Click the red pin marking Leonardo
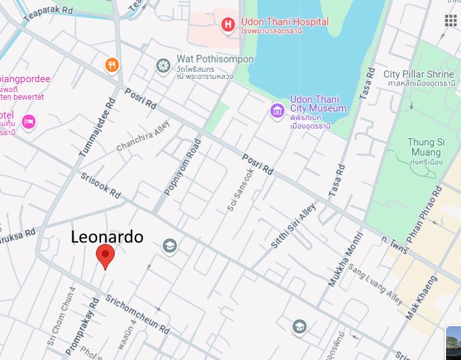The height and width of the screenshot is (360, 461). [105, 256]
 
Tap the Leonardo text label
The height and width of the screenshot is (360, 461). [108, 237]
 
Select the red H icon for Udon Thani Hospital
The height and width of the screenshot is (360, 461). [228, 25]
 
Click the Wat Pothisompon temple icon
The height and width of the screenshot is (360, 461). [163, 65]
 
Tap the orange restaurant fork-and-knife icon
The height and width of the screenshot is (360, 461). [112, 65]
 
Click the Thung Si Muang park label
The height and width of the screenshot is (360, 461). [424, 147]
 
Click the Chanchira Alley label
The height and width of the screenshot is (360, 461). [143, 136]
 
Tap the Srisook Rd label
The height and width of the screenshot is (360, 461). [100, 186]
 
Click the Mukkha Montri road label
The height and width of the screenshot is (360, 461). [344, 260]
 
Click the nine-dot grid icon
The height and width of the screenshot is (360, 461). [451, 20]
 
